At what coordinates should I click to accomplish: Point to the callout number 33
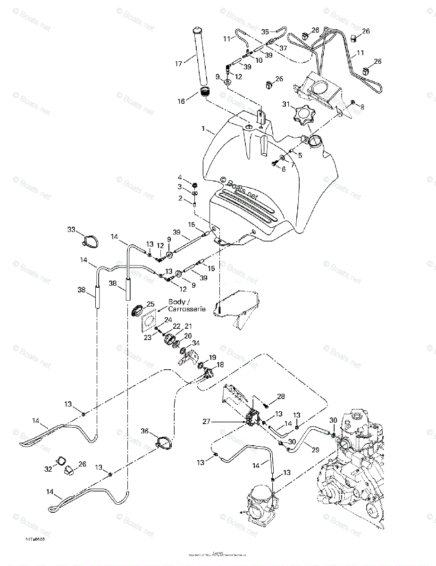pos(71,230)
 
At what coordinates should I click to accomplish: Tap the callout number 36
pos(144,431)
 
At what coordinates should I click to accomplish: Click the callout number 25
pos(150,304)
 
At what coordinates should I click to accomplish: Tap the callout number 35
pos(265,32)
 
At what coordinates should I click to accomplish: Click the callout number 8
pos(362,108)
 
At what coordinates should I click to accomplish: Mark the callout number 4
pos(179,177)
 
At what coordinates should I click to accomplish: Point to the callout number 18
pos(220,365)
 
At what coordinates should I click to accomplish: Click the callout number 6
pos(284,169)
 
